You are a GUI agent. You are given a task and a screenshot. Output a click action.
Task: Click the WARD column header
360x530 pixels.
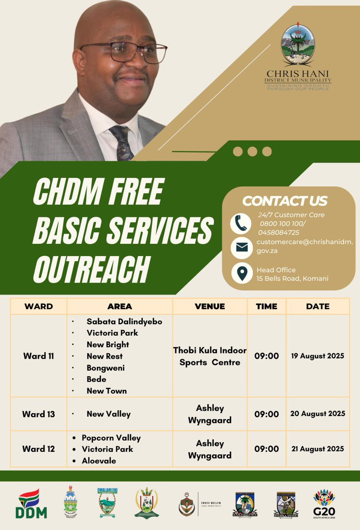coord(39,306)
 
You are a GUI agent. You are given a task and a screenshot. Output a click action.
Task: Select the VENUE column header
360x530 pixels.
coord(210,306)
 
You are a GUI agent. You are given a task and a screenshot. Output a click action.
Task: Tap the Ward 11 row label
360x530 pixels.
coord(39,356)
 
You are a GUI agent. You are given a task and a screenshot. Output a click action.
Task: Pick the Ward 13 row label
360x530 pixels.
coord(39,414)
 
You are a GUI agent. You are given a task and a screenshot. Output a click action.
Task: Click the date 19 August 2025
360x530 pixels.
coord(318,356)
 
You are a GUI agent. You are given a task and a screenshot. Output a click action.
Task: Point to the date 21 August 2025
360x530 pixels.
coord(318,449)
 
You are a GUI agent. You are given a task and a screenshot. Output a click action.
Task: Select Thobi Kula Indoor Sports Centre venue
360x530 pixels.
coord(210,356)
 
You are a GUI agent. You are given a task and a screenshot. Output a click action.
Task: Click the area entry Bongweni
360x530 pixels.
coord(106,367)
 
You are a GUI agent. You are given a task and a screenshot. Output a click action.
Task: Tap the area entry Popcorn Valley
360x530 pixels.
coord(111,438)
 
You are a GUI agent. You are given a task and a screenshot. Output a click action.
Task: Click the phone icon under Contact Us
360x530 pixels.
coord(241,223)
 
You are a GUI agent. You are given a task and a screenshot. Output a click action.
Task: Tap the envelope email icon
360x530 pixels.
coord(241,247)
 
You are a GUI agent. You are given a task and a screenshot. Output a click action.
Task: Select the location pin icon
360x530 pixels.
coord(241,274)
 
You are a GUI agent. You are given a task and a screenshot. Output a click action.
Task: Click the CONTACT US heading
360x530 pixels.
coord(285,201)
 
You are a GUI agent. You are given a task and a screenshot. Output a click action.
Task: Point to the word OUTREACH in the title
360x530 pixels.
coord(90,269)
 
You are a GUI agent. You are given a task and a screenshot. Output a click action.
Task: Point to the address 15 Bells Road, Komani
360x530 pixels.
coord(292,278)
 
